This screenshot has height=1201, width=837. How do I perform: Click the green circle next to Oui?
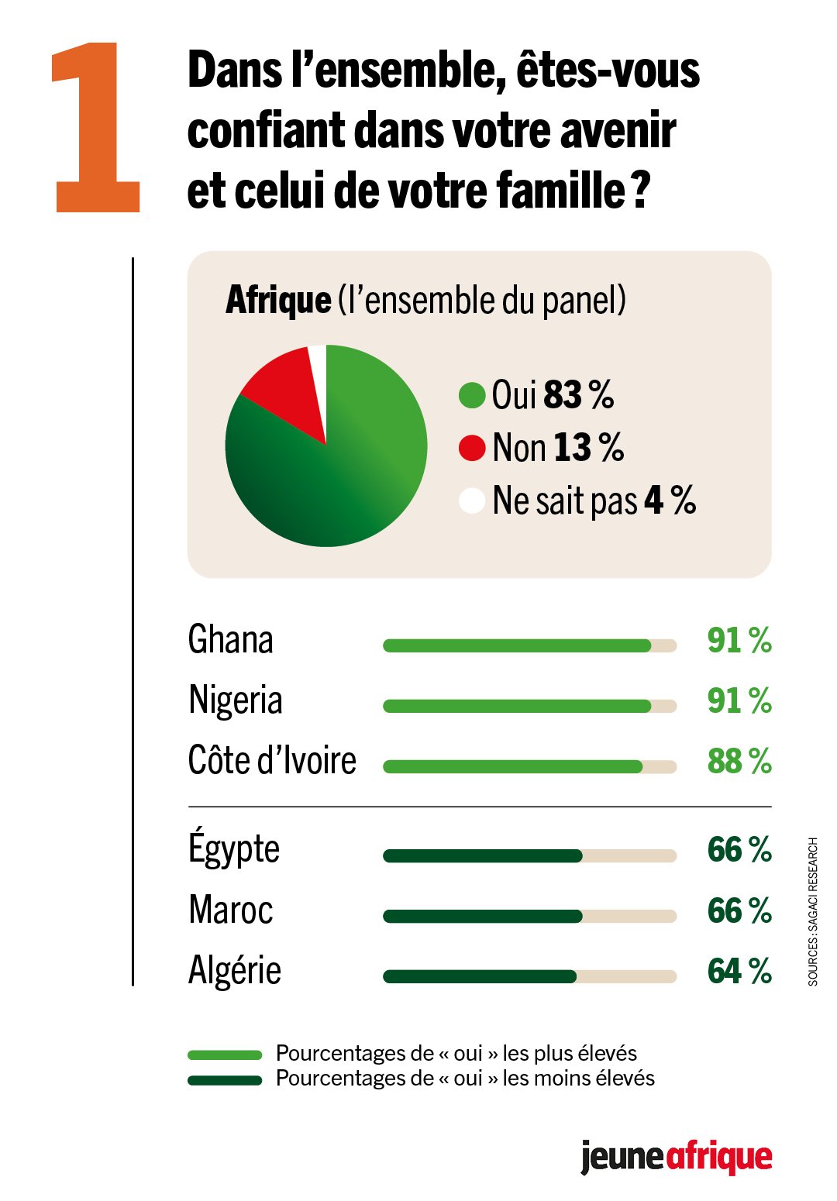pos(472,394)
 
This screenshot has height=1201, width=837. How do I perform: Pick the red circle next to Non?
pos(472,447)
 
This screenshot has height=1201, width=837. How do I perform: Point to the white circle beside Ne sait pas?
pos(472,500)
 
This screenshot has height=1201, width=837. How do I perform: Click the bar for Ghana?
pos(517,645)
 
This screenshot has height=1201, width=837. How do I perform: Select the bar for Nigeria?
pos(517,706)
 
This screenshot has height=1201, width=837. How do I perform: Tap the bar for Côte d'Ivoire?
pos(512,766)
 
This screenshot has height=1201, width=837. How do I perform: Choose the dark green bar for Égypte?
pos(482,855)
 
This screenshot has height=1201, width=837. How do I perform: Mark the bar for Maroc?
pos(482,916)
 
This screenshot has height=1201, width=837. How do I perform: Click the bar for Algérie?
pos(480,976)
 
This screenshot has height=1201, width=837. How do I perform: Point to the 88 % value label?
pos(739,761)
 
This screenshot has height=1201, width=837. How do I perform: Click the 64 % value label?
pos(739,971)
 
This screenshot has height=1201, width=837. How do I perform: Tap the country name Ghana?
pos(231,641)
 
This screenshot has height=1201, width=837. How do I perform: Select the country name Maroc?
pos(231,910)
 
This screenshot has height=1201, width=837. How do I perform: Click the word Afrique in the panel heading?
pos(278,301)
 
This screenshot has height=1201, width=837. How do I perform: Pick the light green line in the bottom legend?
pos(225,1055)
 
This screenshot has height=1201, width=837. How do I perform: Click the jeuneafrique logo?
pos(676,1158)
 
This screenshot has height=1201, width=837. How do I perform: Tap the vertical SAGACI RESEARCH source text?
pos(813,911)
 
